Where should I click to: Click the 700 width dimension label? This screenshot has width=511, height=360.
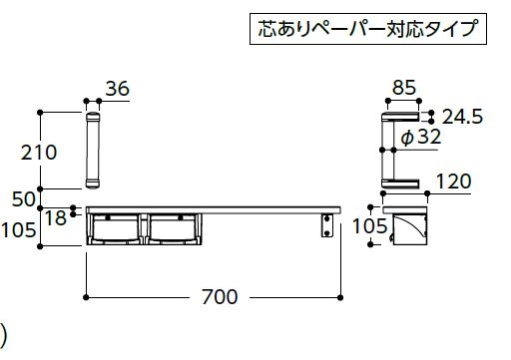[x=220, y=297]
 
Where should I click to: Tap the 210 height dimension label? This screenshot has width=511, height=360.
[x=39, y=153]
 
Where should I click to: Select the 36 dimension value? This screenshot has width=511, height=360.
[x=118, y=89]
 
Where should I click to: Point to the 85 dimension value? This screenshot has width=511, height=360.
[x=404, y=88]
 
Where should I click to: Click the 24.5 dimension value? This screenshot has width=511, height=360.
[x=463, y=117]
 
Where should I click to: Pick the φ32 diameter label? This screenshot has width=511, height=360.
[x=421, y=137]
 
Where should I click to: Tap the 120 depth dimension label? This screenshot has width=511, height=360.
[x=454, y=181]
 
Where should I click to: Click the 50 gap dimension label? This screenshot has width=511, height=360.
[x=23, y=199]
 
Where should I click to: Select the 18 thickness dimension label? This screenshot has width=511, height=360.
[x=56, y=218]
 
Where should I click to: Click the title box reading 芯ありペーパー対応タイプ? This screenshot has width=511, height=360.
[x=368, y=29]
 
